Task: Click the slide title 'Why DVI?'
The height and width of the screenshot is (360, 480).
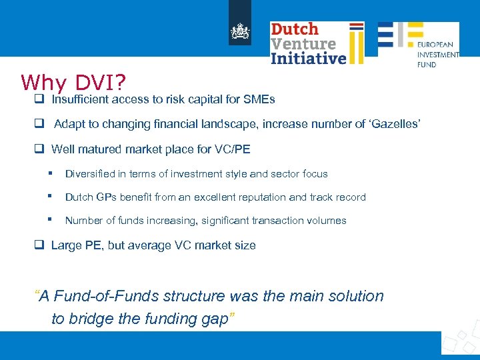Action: coord(73,82)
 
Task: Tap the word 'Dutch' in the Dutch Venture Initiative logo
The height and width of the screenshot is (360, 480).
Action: coord(295,29)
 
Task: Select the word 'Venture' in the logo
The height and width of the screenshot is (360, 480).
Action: coord(303,43)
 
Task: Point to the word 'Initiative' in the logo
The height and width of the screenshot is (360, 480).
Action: coord(309,58)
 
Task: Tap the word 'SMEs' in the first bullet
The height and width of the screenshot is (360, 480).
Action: coord(261,100)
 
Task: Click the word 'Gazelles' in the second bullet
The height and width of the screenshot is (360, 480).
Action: coord(393,125)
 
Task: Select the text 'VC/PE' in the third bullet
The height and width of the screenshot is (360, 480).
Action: coord(235,149)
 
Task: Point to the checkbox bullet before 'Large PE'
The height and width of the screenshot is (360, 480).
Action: coord(39,245)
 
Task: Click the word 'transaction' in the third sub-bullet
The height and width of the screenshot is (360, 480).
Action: coord(267,221)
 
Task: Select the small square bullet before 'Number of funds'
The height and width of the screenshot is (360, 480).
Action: coord(50,219)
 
